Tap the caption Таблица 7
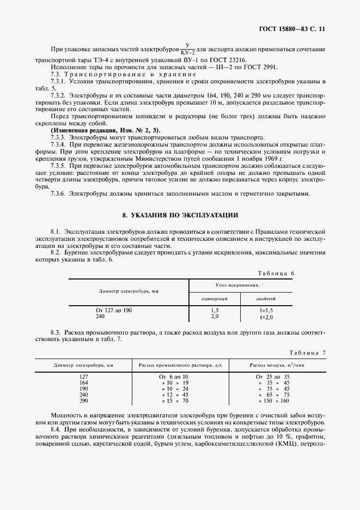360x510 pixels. coord(307,353)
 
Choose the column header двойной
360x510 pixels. coord(266,299)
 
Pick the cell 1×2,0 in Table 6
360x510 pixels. coord(266,317)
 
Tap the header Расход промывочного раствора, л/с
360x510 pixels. coord(184,365)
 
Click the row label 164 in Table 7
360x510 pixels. coord(83,383)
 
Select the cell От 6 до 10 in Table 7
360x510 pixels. coord(173,377)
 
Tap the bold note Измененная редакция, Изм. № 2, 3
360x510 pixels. coord(105,131)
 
